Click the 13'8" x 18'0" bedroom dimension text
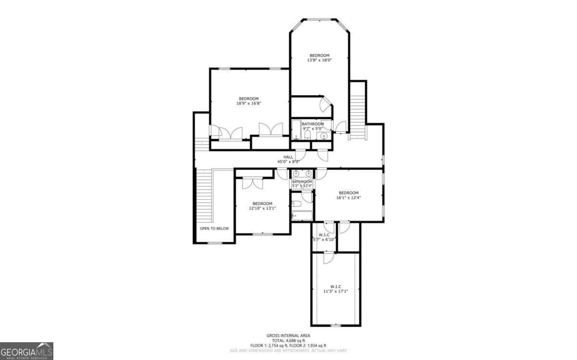tap(319, 60)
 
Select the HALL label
tap(288, 157)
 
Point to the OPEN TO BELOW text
tap(214, 228)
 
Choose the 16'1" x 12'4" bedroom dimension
tap(348, 198)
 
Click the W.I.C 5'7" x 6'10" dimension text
tap(324, 239)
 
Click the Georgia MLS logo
tap(26, 351)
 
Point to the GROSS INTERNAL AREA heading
tap(288, 335)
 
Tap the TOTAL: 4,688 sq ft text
tap(288, 340)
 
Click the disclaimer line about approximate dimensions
tap(288, 350)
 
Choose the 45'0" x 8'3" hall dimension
tap(288, 161)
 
